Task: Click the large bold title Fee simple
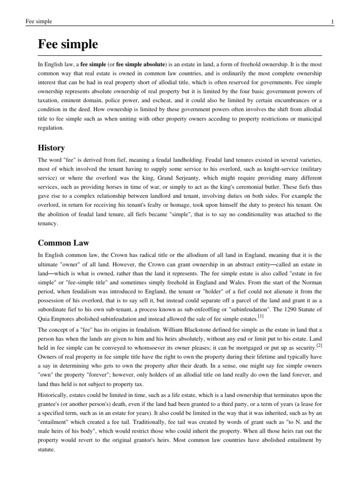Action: point(68,44)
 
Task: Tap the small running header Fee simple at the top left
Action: point(39,22)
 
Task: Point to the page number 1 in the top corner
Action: point(332,22)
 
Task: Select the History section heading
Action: point(51,148)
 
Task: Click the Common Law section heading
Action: point(63,243)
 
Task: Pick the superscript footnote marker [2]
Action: point(319,345)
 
